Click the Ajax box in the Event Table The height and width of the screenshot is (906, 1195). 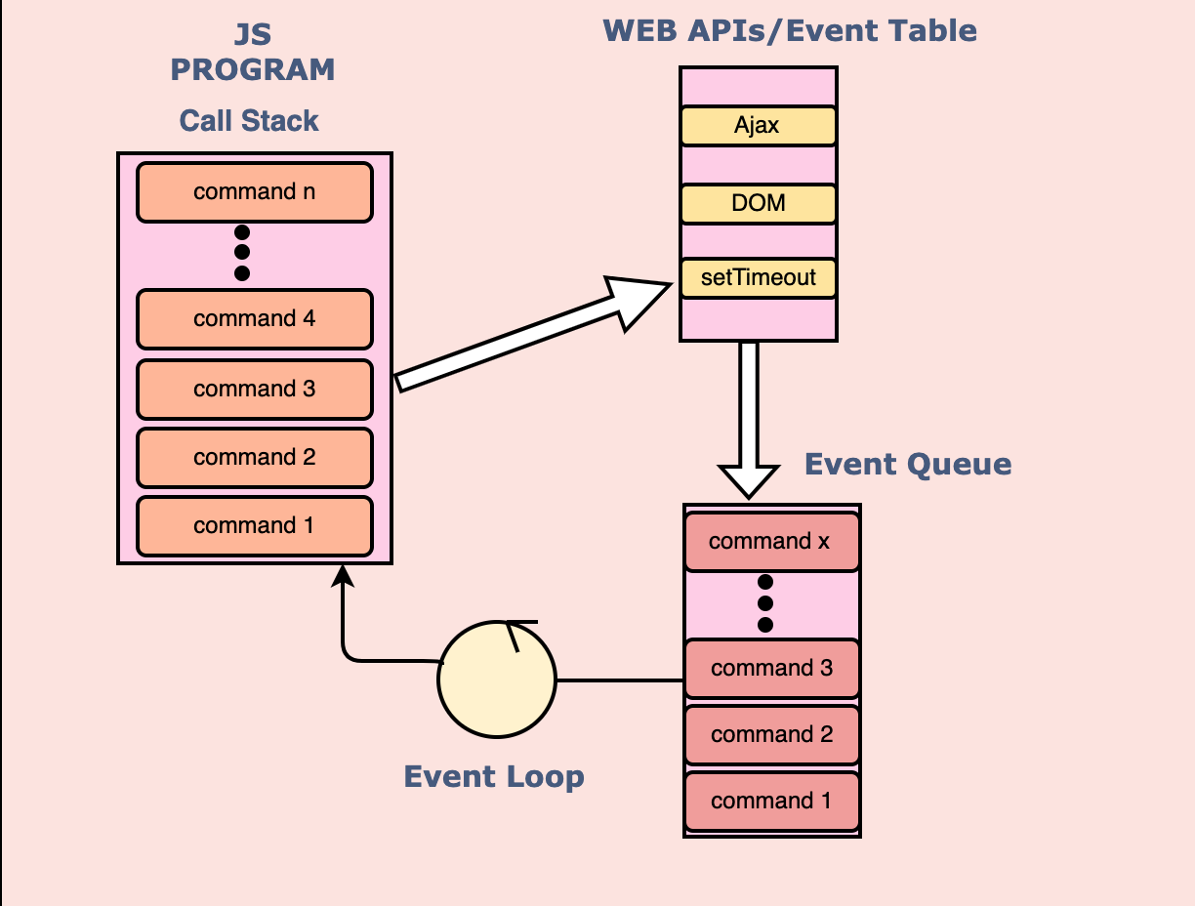click(758, 125)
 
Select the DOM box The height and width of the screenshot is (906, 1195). click(758, 203)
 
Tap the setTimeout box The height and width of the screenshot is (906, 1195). click(758, 277)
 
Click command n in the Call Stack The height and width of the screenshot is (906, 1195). click(255, 191)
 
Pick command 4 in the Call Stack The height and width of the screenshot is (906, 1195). click(255, 318)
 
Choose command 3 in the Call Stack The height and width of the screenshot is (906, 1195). click(255, 389)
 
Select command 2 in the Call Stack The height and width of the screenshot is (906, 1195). click(255, 457)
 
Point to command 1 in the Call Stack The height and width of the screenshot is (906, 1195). click(255, 525)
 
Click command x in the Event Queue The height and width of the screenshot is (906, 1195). click(772, 541)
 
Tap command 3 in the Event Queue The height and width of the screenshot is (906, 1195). click(772, 669)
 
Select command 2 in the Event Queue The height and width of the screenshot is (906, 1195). click(772, 734)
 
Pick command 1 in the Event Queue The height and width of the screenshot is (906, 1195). click(772, 802)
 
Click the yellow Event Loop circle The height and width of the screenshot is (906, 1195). click(496, 679)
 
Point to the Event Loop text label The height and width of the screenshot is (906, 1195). click(494, 777)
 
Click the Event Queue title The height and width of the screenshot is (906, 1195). click(908, 464)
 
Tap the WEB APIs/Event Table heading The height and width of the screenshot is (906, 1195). click(790, 30)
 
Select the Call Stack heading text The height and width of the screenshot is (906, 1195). click(249, 121)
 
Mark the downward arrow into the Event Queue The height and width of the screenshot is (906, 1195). click(749, 420)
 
